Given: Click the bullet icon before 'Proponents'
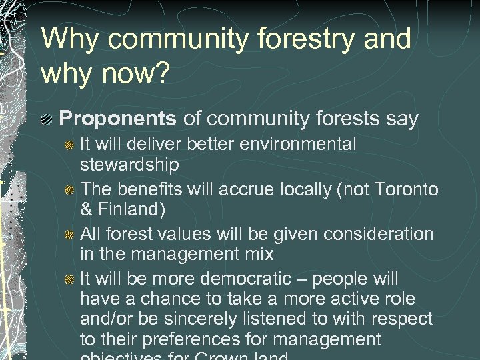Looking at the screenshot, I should coord(47,120).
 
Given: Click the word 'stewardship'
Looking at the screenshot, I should coord(130,164).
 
